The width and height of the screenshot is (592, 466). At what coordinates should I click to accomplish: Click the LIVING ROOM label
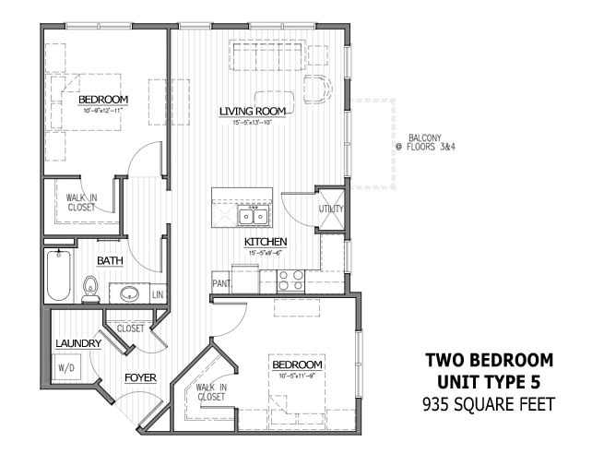click(x=252, y=112)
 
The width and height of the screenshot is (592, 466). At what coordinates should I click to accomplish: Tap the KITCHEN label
click(x=266, y=242)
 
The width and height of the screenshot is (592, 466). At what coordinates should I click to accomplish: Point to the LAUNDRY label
click(x=78, y=343)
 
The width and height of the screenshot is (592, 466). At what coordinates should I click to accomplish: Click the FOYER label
click(x=141, y=377)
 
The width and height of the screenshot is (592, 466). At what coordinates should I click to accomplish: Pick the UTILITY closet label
click(x=331, y=209)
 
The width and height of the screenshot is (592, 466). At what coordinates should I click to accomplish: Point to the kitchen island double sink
click(x=252, y=217)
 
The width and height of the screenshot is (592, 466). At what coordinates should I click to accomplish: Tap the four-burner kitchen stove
click(x=291, y=280)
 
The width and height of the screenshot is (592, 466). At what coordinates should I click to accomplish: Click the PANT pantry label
click(x=221, y=284)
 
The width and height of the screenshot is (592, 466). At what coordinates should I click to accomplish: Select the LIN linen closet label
click(x=157, y=294)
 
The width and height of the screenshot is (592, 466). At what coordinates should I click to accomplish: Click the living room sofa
click(x=266, y=58)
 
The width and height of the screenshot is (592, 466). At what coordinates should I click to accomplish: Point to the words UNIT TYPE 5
click(x=489, y=381)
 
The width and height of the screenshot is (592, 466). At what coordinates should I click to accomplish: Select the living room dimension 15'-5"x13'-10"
click(x=252, y=122)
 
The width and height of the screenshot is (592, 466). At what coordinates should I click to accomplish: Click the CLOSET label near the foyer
click(x=130, y=328)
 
